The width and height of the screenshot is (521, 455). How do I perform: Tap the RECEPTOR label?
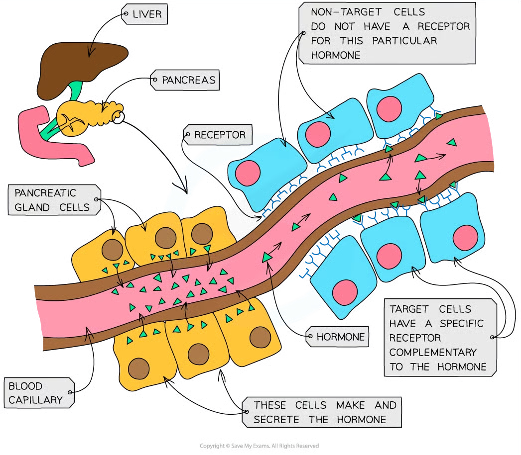coord(220,135)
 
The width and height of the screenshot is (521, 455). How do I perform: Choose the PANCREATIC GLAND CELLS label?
coord(52,200)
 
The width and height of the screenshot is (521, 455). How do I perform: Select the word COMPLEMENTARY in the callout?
coord(433,352)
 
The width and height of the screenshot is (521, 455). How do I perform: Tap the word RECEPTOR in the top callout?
coord(441,26)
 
